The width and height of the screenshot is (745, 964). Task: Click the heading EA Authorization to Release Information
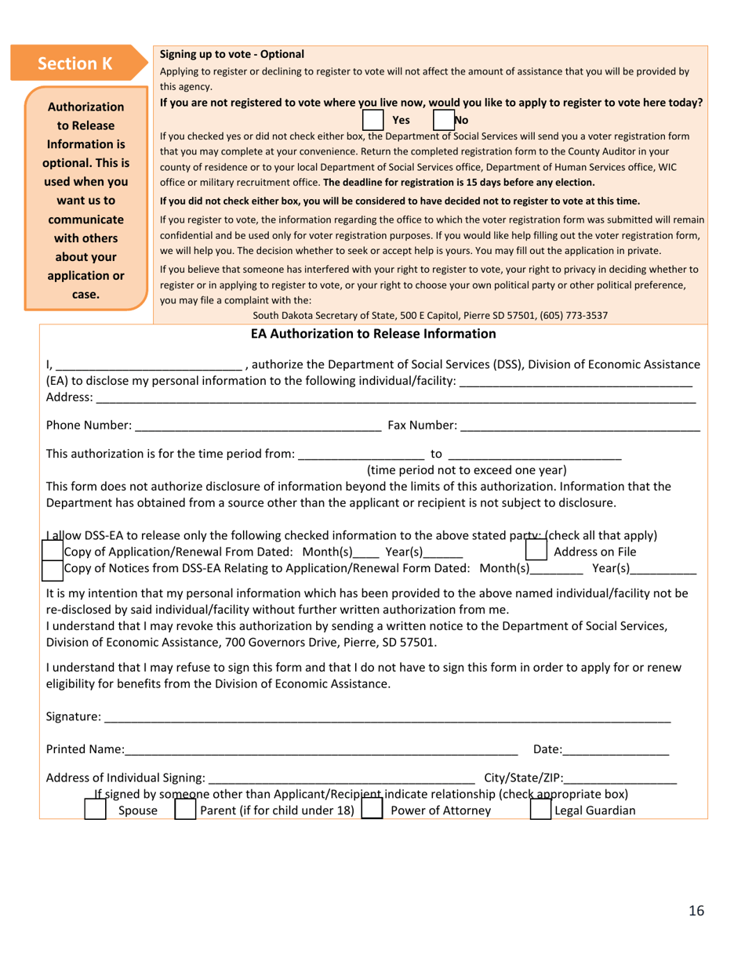click(373, 334)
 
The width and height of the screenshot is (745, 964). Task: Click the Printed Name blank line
click(321, 750)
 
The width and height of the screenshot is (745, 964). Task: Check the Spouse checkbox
click(95, 810)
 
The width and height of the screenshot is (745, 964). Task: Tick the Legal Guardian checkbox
click(541, 810)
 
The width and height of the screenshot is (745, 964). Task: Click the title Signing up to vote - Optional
click(231, 54)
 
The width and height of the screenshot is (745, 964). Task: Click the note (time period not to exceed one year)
click(467, 469)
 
